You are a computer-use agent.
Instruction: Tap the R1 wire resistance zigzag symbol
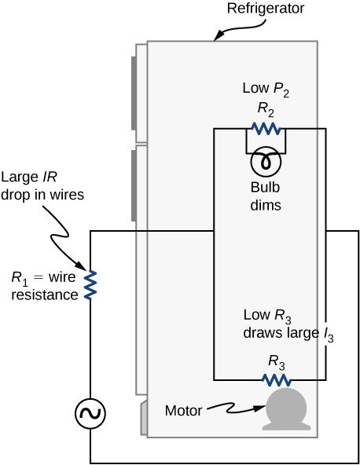pos(90,284)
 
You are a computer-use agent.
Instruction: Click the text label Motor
pos(185,410)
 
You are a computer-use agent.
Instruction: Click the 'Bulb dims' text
pos(266,196)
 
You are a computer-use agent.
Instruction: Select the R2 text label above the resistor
pos(266,109)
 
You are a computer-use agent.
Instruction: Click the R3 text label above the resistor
pos(277,361)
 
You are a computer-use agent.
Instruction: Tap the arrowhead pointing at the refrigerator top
pos(217,36)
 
